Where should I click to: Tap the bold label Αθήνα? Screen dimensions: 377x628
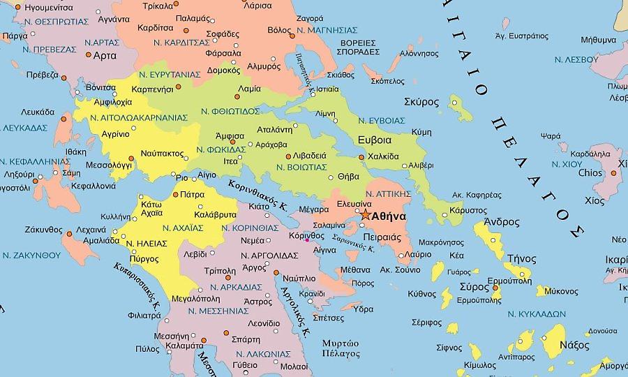click(389, 216)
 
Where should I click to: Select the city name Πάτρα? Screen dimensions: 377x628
click(192, 195)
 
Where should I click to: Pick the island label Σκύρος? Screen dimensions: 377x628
click(421, 102)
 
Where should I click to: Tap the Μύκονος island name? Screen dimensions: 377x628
click(560, 291)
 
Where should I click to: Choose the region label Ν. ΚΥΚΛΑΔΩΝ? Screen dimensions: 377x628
click(536, 313)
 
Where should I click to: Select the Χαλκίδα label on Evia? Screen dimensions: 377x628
click(382, 156)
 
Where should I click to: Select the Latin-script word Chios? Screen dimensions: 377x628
click(590, 172)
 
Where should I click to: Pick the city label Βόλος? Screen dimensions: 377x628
click(279, 31)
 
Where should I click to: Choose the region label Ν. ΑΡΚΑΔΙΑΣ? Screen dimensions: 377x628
click(235, 287)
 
